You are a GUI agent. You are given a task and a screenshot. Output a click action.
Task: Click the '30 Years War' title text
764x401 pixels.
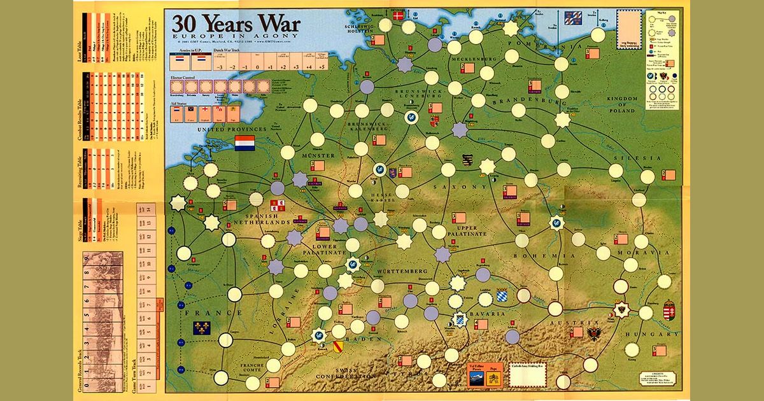pyautogui.click(x=236, y=24)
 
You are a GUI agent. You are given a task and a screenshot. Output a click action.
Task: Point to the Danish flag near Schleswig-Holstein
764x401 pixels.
pyautogui.click(x=400, y=15)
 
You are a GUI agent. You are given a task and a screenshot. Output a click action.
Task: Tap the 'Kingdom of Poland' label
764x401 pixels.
pyautogui.click(x=621, y=102)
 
